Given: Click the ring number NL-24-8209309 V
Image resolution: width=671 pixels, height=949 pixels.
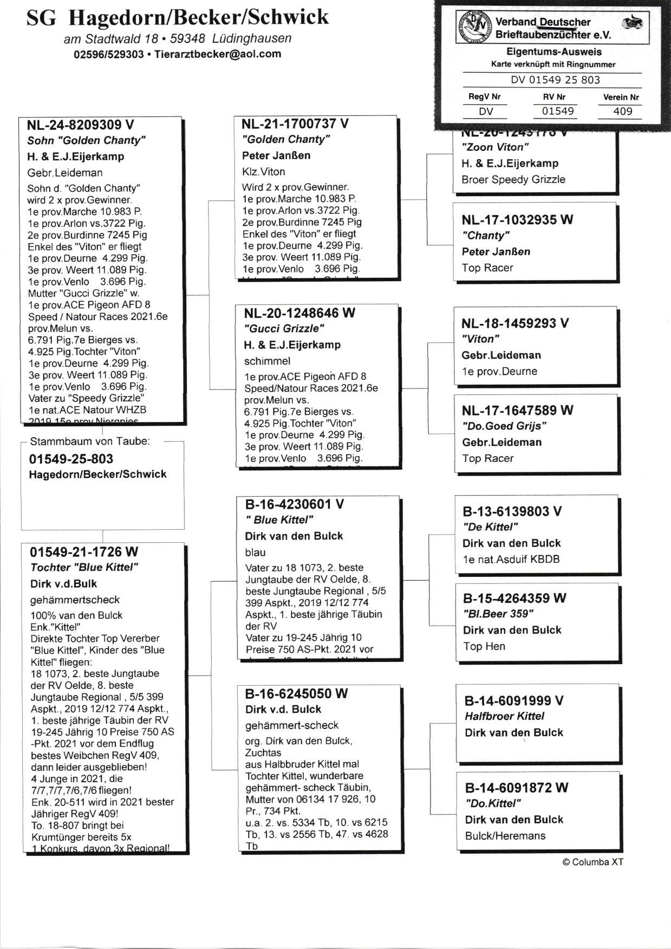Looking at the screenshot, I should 80,125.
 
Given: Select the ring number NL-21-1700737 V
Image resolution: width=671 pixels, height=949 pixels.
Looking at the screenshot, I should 295,124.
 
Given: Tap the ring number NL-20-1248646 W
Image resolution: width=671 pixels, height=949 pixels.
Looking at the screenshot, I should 299,313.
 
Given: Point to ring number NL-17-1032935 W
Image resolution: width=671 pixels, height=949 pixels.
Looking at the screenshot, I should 517,220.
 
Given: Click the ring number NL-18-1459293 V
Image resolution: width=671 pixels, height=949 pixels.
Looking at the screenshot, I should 515,323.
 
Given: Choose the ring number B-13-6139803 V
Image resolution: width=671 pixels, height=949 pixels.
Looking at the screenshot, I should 512,511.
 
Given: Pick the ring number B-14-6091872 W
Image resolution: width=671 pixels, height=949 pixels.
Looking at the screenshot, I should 517,788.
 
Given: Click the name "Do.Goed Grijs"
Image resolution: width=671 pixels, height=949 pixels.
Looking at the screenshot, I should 504,426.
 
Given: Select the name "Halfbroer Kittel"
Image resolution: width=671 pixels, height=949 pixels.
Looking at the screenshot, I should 504,716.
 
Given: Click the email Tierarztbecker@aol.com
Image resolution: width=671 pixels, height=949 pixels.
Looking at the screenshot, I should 218,54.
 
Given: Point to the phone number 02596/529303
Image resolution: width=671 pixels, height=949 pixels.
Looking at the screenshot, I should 108,54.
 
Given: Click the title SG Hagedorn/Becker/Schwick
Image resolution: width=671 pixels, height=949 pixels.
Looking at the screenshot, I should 177,18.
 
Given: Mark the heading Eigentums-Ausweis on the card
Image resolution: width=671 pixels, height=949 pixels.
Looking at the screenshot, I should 553,52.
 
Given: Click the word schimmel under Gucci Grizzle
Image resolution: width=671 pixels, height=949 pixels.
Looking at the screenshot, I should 267,361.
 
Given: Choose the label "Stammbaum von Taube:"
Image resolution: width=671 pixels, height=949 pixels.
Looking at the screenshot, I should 90,441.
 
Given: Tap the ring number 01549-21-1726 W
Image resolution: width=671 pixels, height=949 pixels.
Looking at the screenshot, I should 84,552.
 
